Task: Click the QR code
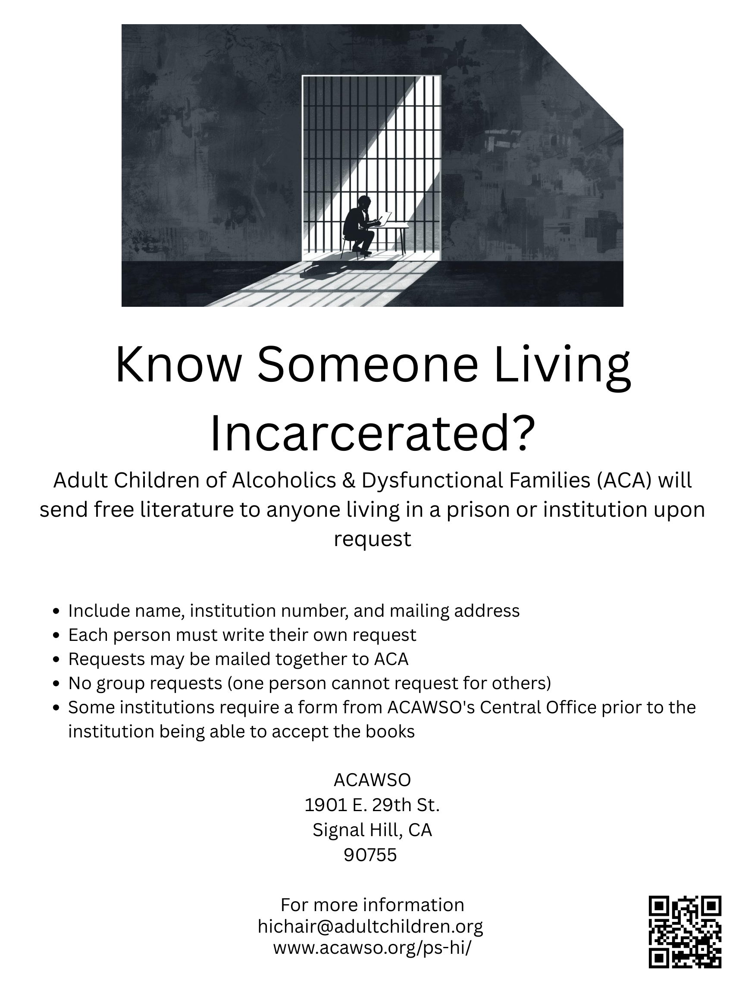coord(685,931)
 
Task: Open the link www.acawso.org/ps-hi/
coord(372,948)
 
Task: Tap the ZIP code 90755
coord(370,855)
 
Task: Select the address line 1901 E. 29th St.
coord(372,805)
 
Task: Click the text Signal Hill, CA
coord(372,831)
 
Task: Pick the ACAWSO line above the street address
coord(372,780)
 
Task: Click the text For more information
coord(372,905)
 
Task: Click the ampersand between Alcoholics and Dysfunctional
coord(349,481)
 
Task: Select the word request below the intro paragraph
coord(372,540)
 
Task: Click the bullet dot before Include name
coord(56,612)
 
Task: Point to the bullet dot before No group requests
coord(56,684)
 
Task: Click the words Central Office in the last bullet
coord(538,708)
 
